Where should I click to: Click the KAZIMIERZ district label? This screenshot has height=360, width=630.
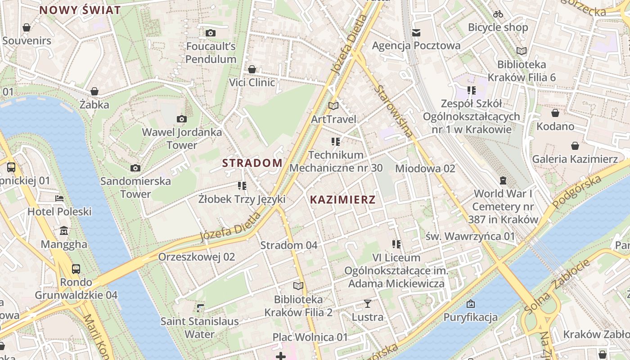coord(342,199)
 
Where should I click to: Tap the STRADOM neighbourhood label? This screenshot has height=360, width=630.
coord(252,163)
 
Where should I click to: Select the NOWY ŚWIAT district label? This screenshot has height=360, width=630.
coord(80,10)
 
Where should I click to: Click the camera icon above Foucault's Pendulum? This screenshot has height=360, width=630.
coord(210,33)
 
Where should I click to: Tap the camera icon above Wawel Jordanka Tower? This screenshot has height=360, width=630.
coord(182,119)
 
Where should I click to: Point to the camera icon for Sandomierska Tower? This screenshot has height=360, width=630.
coord(135,168)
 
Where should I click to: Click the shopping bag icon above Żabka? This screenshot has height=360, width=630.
coord(94,91)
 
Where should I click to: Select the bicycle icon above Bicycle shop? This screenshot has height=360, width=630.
coord(498,14)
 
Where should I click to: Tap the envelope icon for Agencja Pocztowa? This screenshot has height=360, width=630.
coord(416,32)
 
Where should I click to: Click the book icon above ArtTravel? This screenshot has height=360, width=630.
coord(333,106)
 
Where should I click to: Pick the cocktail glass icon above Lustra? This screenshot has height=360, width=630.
coord(368,304)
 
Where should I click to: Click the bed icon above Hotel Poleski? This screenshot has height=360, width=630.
coord(59,198)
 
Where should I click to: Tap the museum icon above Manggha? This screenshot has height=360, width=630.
coord(64,231)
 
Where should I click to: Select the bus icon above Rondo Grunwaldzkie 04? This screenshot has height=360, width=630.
coord(76,269)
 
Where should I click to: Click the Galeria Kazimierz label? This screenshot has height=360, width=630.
coord(575,159)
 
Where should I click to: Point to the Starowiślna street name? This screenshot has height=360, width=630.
coord(393,110)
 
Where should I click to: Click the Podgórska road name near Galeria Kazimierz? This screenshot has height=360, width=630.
coord(577,192)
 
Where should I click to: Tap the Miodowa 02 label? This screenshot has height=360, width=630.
coord(425,168)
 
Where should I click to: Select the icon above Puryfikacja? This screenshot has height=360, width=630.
coord(471,304)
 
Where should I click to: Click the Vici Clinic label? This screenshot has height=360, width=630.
coord(252,82)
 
